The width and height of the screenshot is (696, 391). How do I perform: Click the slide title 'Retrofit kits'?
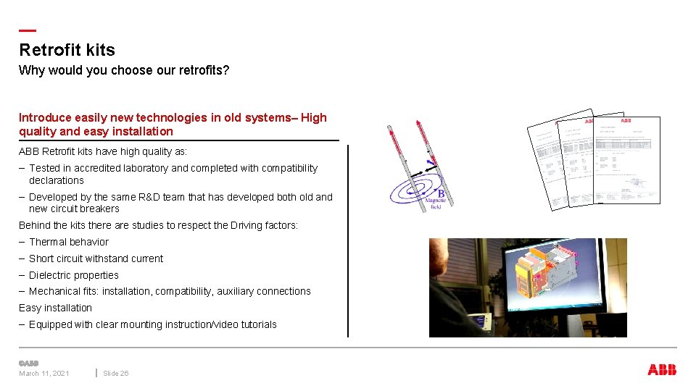click(x=67, y=50)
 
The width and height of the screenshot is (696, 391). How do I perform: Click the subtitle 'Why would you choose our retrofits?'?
click(x=124, y=70)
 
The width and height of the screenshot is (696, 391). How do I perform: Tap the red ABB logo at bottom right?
click(x=662, y=370)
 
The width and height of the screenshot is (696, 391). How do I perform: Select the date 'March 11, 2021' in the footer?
click(x=44, y=374)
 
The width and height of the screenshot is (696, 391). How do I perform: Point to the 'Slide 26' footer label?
click(x=116, y=374)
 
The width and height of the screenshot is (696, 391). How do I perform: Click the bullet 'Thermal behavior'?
click(x=69, y=242)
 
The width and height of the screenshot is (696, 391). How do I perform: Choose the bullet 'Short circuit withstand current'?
click(x=96, y=258)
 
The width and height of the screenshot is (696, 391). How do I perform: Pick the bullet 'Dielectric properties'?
click(x=74, y=275)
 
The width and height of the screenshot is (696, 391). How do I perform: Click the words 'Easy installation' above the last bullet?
click(x=55, y=308)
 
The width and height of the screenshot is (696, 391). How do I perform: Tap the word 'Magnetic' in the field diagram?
click(x=435, y=200)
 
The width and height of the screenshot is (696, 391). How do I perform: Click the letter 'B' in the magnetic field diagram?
click(x=441, y=193)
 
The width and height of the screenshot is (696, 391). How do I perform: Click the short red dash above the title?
click(x=27, y=30)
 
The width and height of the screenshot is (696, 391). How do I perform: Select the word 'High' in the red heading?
click(x=314, y=117)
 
